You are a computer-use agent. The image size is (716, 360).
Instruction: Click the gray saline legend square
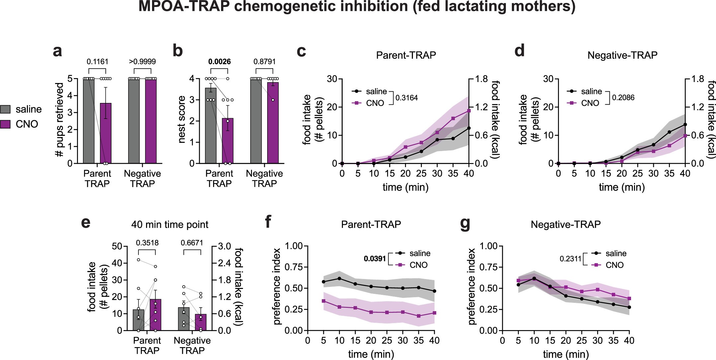pos(6,109)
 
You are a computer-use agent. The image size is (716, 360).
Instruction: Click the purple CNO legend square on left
pos(6,124)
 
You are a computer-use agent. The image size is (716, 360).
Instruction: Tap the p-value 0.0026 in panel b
pos(219,62)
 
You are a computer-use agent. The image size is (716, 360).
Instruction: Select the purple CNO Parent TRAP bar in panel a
pos(106,133)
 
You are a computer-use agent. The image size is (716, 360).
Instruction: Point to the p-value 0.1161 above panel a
pos(97,62)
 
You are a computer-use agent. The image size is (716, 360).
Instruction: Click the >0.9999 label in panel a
pos(142,62)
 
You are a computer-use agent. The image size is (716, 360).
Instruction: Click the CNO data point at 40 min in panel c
pos(469,111)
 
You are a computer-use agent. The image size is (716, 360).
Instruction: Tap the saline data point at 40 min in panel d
pos(685,125)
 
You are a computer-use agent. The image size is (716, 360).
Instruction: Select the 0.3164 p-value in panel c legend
pos(407,98)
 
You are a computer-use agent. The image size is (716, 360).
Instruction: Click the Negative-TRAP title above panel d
pos(622,55)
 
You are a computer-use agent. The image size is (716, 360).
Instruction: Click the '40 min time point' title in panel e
pos(170,225)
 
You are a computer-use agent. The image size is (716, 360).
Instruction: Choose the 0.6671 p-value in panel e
pos(192,243)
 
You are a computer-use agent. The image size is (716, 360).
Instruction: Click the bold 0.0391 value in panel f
pos(375,259)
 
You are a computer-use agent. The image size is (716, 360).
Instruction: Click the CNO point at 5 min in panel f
pos(324,301)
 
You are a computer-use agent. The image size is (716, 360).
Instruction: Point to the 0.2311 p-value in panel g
pos(570,259)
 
